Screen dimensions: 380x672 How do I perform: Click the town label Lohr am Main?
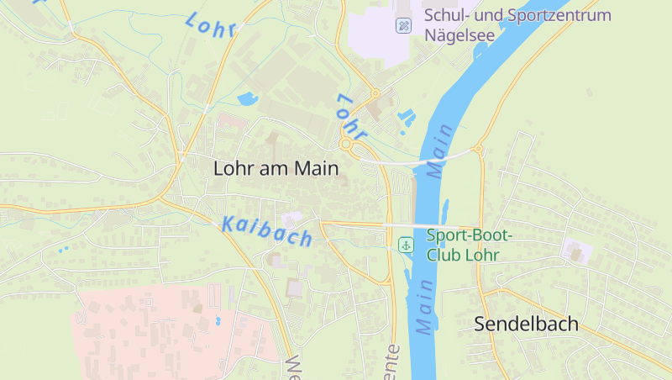tap(276, 168)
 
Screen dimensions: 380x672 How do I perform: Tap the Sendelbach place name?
tap(526, 324)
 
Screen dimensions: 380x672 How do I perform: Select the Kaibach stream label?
tap(267, 231)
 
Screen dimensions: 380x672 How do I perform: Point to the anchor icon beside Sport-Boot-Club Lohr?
tap(406, 245)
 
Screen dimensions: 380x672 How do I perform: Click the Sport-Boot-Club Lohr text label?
tap(469, 245)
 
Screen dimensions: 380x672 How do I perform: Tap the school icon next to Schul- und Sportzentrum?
tap(404, 26)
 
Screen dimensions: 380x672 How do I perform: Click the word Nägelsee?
tap(459, 36)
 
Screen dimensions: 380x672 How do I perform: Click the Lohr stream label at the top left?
tap(210, 25)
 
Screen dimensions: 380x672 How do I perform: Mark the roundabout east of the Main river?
tap(478, 150)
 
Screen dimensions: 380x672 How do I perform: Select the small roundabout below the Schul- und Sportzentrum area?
tap(375, 93)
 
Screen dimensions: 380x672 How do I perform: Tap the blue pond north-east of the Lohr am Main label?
tap(248, 100)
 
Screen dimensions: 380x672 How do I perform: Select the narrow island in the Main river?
tap(444, 209)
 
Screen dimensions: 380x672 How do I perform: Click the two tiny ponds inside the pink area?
tap(218, 320)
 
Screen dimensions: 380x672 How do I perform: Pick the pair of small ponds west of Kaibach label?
tap(63, 249)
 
